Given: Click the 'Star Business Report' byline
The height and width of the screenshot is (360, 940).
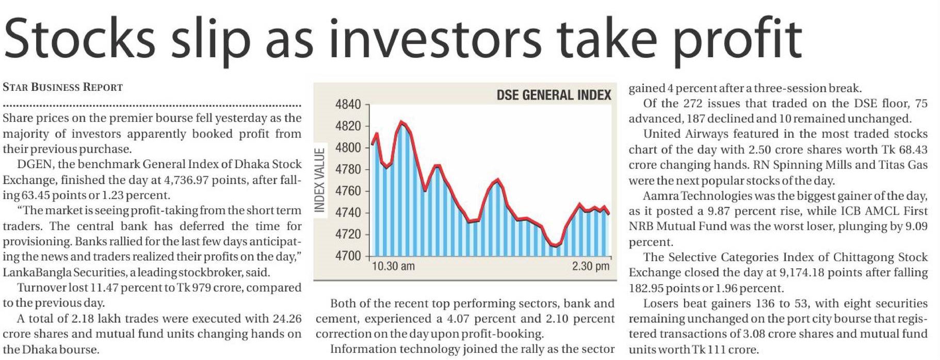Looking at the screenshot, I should tap(62, 87).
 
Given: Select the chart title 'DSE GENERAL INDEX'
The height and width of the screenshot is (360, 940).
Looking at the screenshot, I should tap(554, 95).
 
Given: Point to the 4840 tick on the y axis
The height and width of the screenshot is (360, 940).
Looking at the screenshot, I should tap(348, 105).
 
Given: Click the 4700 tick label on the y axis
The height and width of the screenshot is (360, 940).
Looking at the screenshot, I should tap(348, 256).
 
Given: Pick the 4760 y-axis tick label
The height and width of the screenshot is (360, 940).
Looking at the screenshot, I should tap(348, 191).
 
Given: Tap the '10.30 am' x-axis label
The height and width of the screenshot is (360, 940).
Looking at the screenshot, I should tap(393, 267).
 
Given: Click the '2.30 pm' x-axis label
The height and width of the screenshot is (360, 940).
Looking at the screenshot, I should tap(590, 267).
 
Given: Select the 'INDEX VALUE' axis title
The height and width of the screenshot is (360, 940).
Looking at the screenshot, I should tap(320, 180).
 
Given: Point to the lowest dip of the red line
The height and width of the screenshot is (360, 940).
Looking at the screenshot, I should tap(556, 246).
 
